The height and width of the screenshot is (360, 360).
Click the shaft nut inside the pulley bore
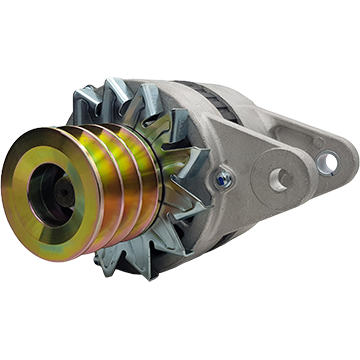point(48,187)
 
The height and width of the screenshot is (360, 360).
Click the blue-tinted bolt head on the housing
point(221,181)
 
